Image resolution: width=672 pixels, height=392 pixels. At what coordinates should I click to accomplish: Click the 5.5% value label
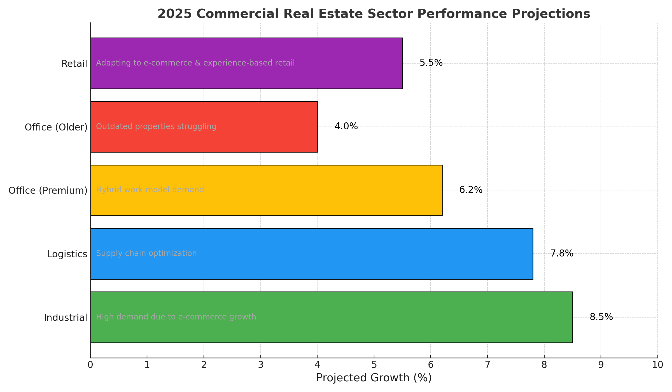(x=431, y=63)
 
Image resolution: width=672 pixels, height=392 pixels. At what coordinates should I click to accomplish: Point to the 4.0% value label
(x=346, y=127)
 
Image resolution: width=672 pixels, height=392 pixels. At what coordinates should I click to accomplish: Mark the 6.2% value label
(x=471, y=190)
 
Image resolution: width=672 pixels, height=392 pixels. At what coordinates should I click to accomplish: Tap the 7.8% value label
(x=562, y=254)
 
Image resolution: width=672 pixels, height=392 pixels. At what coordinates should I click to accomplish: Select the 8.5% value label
(x=601, y=317)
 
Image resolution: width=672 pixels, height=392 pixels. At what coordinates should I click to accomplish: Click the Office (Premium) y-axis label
(x=48, y=191)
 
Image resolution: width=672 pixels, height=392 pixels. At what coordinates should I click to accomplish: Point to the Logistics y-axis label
(x=67, y=254)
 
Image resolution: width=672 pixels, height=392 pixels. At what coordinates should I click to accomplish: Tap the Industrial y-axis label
(x=66, y=318)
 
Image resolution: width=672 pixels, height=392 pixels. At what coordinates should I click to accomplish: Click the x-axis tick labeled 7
(x=487, y=365)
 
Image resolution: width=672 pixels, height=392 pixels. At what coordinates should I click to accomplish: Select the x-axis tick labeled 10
(x=657, y=365)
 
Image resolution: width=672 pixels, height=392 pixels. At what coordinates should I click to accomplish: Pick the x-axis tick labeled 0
(x=90, y=365)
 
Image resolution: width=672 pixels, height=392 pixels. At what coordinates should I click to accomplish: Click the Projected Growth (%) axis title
(x=374, y=378)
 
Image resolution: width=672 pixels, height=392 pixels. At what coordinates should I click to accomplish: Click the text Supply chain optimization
(x=146, y=253)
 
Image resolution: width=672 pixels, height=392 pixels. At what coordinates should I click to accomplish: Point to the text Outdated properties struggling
(x=156, y=127)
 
